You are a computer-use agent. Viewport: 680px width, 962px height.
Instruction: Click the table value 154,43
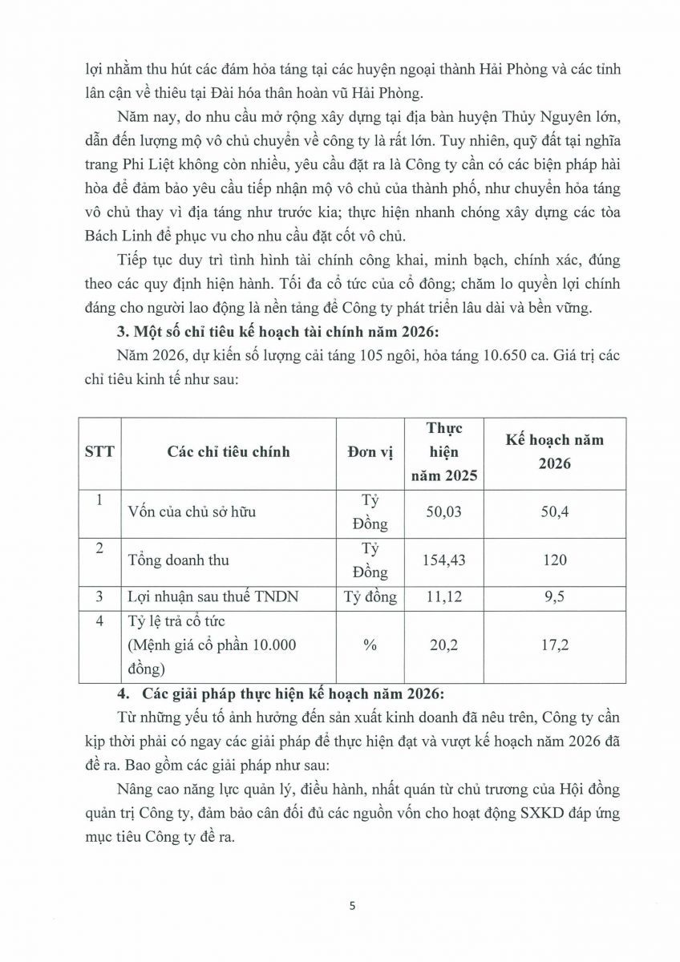click(443, 560)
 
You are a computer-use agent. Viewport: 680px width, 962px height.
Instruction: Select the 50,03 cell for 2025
click(443, 511)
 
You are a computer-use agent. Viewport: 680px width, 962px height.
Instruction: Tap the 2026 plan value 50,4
click(554, 511)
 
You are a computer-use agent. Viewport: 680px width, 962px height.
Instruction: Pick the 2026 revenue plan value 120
click(554, 560)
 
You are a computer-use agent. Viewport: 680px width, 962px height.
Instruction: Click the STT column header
click(99, 451)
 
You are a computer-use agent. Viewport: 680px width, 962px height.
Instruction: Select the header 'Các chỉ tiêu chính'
click(229, 451)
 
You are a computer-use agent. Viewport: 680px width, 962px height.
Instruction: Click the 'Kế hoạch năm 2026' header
click(554, 451)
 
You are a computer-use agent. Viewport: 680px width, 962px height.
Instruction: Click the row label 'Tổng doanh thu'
click(178, 560)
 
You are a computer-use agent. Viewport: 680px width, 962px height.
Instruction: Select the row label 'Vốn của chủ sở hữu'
click(192, 511)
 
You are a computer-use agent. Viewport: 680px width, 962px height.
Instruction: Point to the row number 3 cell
click(99, 596)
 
